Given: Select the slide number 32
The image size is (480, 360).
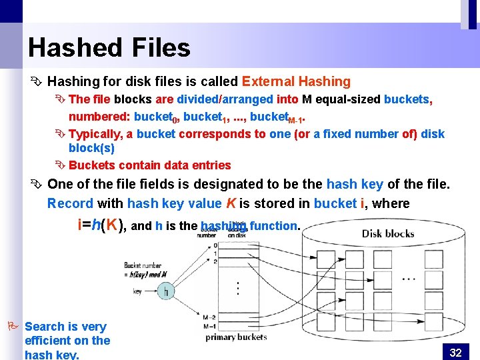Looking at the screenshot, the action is coord(456,352).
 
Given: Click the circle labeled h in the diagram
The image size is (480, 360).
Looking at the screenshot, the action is coord(165,291).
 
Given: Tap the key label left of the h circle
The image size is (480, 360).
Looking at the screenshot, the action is coord(137,291).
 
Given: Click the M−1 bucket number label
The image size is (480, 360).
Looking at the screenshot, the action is coord(213,326).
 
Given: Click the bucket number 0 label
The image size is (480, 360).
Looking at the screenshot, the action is coord(214,245).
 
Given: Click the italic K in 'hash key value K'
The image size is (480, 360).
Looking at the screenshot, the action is coord(231,203).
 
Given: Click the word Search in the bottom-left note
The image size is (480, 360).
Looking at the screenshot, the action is coord(44,326).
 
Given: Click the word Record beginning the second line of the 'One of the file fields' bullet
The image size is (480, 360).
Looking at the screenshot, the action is coord(70,203).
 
